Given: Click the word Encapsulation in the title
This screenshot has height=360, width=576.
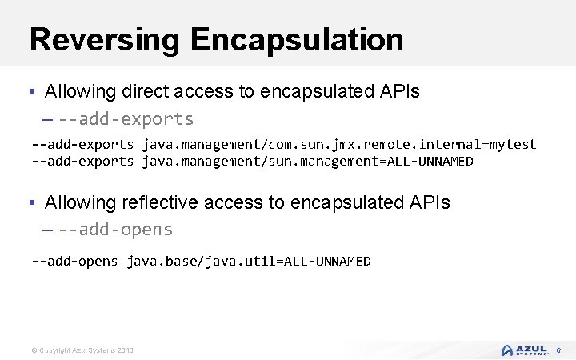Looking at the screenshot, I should (x=298, y=39).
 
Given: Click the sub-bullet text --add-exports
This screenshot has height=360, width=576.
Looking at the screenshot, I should (x=126, y=119).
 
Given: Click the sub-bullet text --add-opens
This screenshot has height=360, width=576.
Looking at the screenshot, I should (x=115, y=230).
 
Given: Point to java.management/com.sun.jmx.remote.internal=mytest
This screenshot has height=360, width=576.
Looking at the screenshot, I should (x=339, y=144).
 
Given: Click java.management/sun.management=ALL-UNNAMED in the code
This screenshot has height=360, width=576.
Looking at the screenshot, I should (x=308, y=162).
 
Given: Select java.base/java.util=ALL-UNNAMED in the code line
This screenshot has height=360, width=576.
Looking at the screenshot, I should (x=249, y=261).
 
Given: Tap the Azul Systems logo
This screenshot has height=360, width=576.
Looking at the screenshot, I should (x=525, y=350).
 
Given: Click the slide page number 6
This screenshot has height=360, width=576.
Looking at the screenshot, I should (x=559, y=350).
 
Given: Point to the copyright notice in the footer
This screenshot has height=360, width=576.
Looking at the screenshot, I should (x=82, y=351).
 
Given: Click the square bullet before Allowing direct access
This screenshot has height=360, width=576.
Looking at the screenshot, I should (x=33, y=91).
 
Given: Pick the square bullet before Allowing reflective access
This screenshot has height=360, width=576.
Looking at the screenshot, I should (x=33, y=202).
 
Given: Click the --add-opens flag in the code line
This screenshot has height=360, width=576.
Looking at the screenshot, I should (x=74, y=261).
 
